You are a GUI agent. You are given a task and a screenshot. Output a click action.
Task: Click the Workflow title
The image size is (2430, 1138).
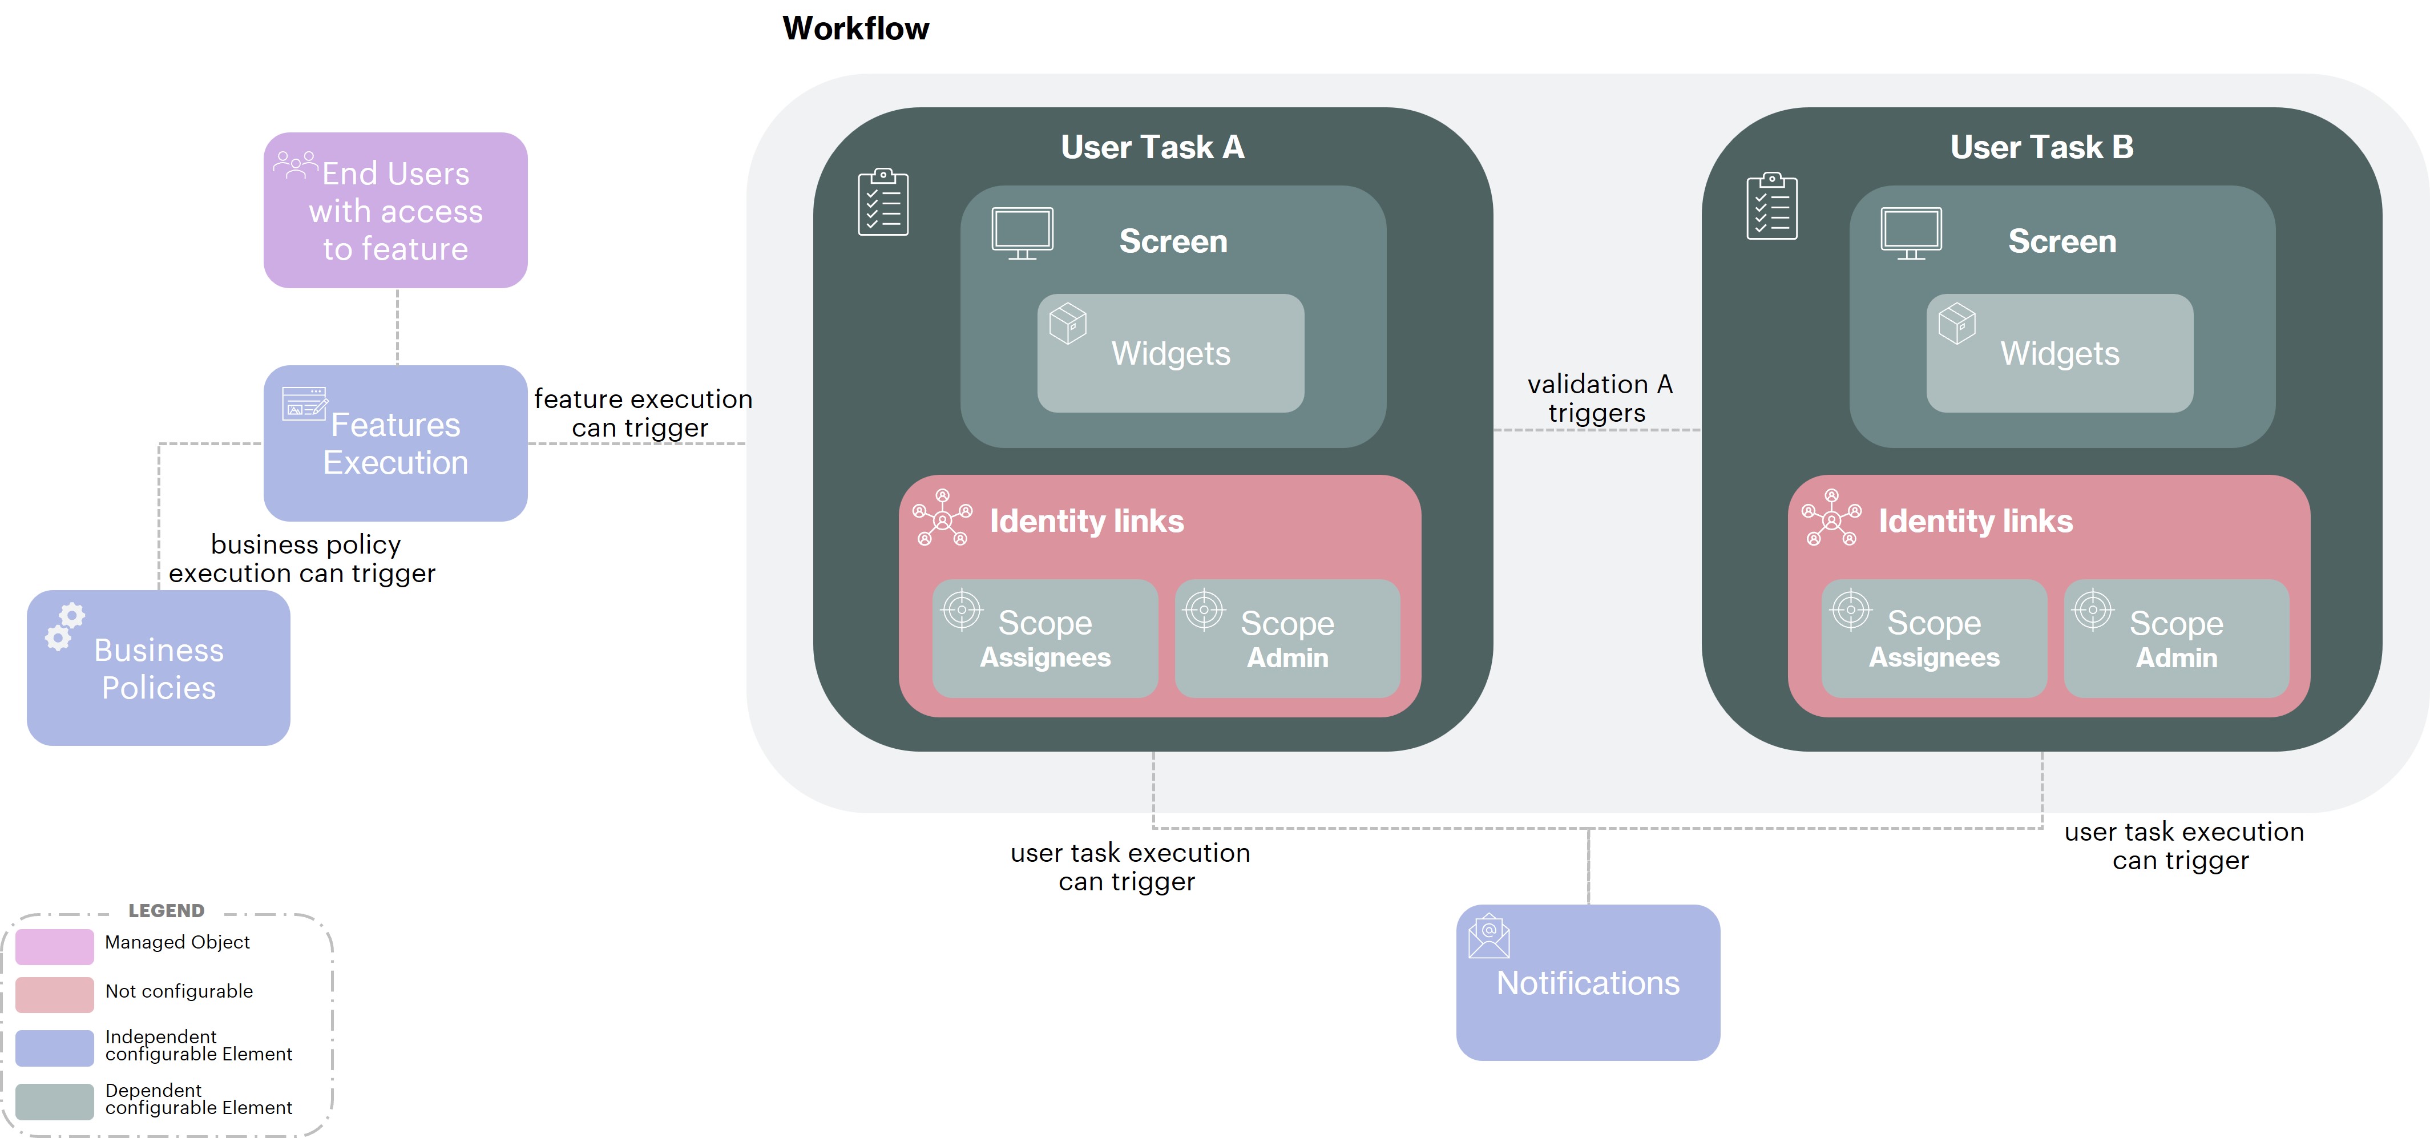(x=855, y=29)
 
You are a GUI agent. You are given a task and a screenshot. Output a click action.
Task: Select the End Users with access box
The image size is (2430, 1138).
(x=395, y=211)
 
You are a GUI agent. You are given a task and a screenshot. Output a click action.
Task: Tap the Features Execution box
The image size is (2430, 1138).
(x=395, y=443)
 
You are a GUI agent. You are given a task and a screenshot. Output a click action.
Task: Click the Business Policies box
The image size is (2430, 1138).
(x=159, y=668)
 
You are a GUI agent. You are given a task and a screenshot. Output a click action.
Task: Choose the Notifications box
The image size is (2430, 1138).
(x=1588, y=982)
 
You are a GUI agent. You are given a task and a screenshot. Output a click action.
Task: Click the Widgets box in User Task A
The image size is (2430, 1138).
(x=1170, y=353)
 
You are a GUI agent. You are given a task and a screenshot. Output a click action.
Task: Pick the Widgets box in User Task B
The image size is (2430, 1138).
(x=2059, y=353)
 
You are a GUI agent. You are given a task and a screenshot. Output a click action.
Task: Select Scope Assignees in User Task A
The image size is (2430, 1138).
(x=1044, y=639)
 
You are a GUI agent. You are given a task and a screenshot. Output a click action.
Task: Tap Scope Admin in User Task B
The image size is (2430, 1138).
(x=2176, y=639)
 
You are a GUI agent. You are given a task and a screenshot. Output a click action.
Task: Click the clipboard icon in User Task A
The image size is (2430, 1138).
(x=883, y=202)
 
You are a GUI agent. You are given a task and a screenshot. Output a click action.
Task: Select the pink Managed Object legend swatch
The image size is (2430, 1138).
(x=55, y=946)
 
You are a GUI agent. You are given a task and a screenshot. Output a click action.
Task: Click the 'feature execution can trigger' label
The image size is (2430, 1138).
(x=643, y=413)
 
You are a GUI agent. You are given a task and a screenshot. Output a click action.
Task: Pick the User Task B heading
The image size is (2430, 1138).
(x=2041, y=147)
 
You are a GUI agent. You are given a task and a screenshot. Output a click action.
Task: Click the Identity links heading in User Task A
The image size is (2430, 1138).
(x=1086, y=521)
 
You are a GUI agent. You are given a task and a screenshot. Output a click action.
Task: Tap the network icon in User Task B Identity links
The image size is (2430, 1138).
(x=1831, y=517)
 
